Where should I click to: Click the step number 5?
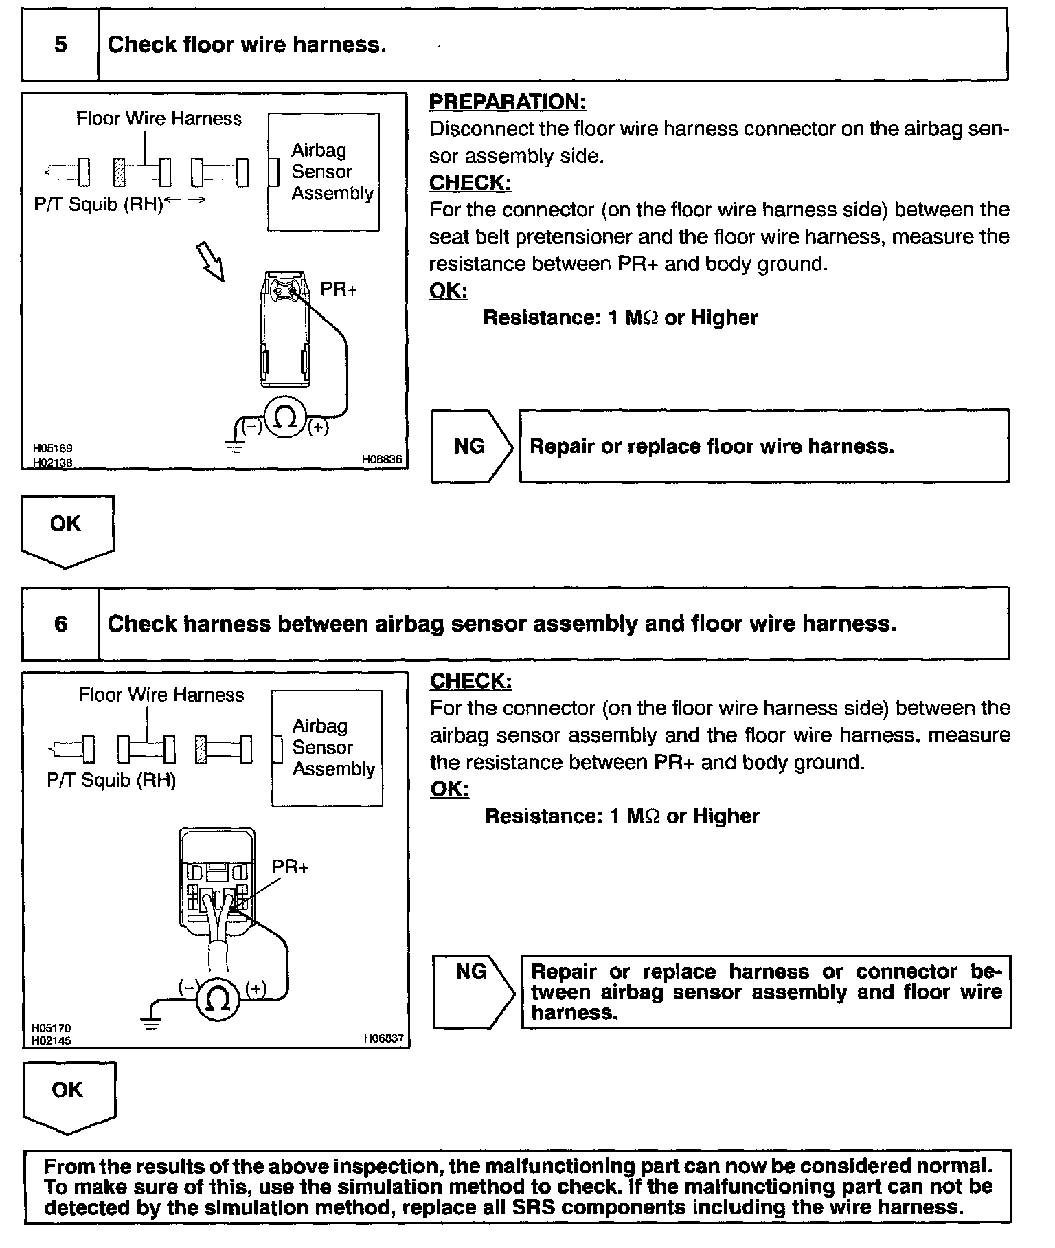[60, 45]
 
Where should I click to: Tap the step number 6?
[60, 624]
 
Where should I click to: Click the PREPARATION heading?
[508, 102]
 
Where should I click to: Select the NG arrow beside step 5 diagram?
[472, 447]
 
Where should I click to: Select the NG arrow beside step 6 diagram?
[473, 992]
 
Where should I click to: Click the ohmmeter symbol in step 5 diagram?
[285, 419]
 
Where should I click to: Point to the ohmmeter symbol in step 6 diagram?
[218, 1000]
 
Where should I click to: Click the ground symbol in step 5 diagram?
[236, 447]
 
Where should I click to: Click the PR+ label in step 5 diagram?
[339, 289]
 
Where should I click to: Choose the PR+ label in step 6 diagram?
[291, 867]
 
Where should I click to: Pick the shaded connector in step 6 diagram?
[201, 749]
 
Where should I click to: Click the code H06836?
[382, 460]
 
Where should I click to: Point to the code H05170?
[51, 1028]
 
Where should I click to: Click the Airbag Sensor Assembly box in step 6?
[327, 748]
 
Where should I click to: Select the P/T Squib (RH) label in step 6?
[111, 781]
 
